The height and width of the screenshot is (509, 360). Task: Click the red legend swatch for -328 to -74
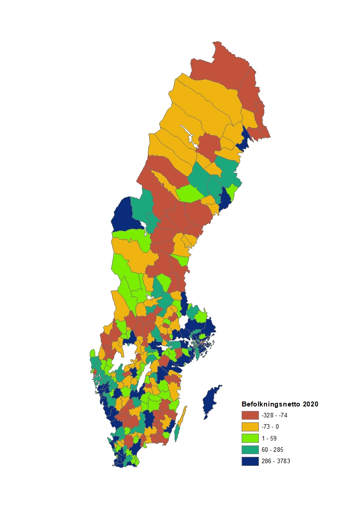[x=250, y=415]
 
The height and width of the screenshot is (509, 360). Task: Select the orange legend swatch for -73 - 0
[x=250, y=427]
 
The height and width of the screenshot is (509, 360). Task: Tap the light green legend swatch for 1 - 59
[x=250, y=438]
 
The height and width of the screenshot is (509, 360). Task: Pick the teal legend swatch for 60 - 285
[x=250, y=450]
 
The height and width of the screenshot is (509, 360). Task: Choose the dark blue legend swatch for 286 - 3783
[x=250, y=461]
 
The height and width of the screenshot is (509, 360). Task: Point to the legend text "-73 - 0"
[x=270, y=427]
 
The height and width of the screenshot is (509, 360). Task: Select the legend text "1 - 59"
[x=269, y=438]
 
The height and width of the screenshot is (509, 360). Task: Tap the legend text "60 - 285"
[x=272, y=450]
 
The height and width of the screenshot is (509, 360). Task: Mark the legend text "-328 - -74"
[x=274, y=415]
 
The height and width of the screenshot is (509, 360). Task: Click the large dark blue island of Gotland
[x=211, y=401]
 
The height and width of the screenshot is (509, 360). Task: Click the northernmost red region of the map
[x=222, y=64]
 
